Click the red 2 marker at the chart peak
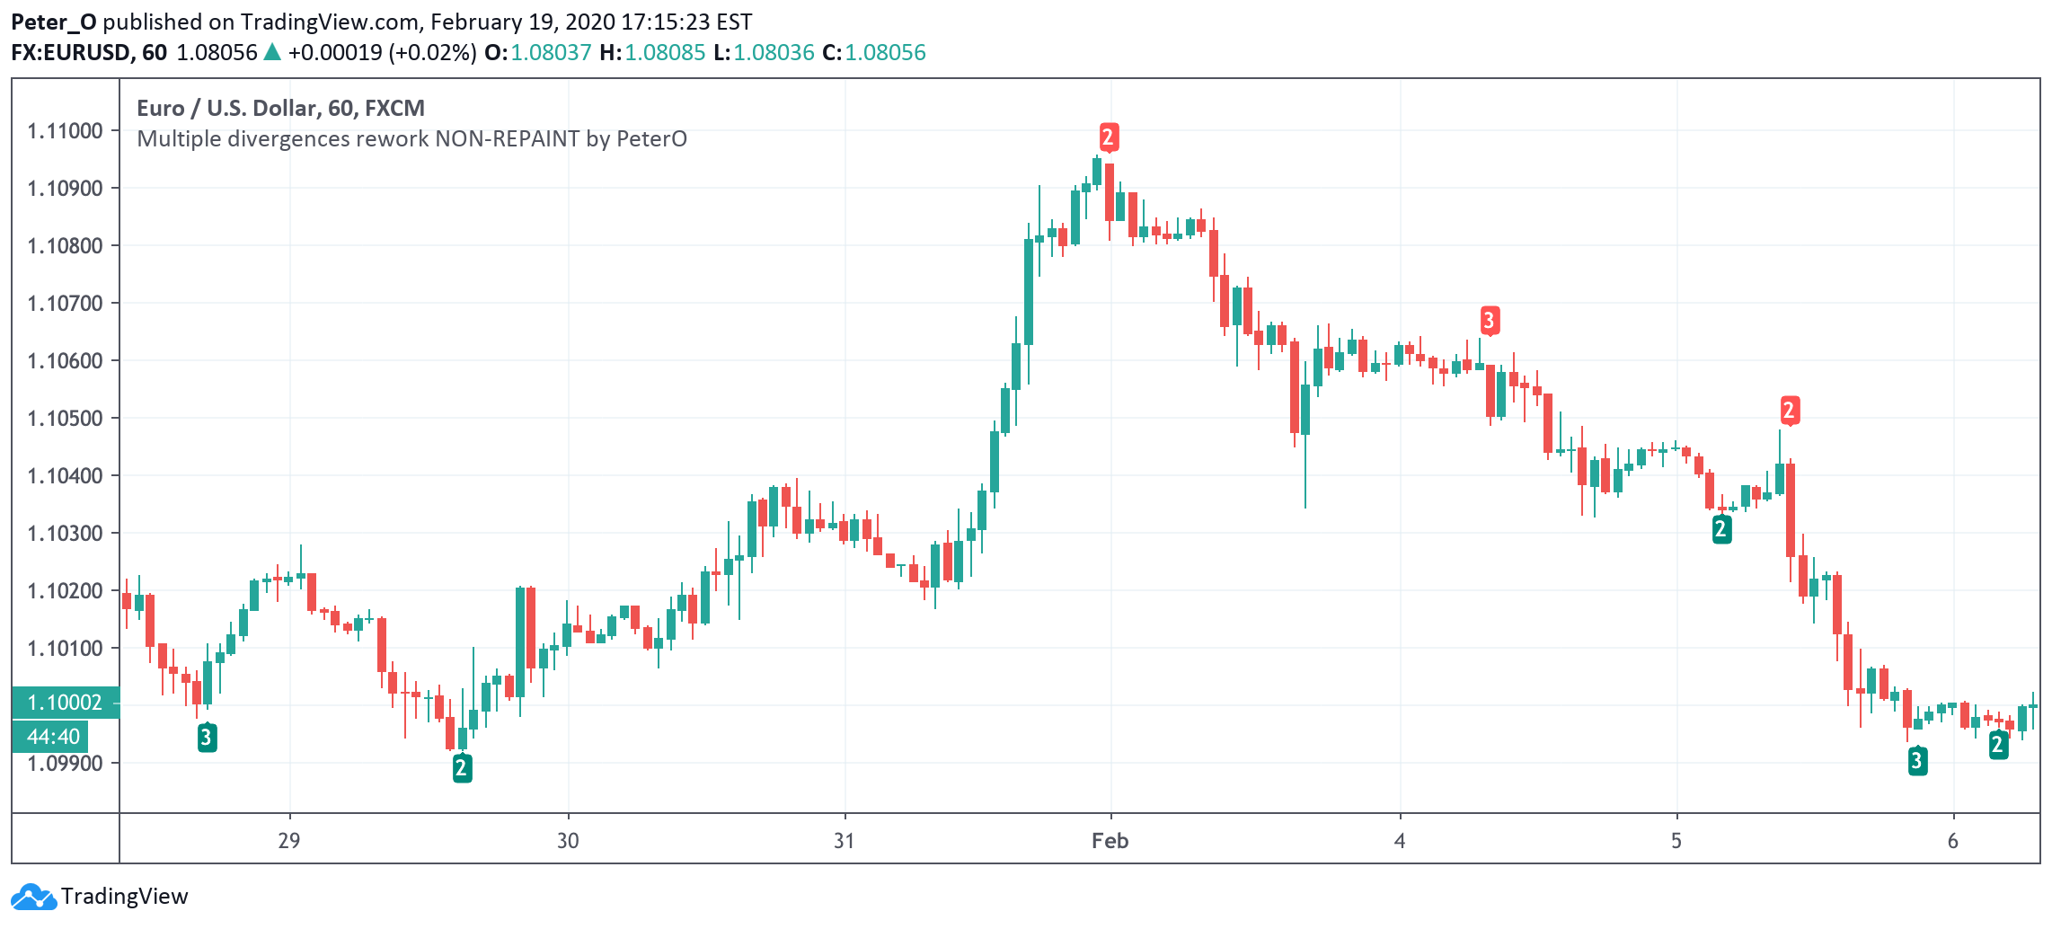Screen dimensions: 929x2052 pyautogui.click(x=1108, y=137)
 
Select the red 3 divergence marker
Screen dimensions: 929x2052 pyautogui.click(x=1489, y=320)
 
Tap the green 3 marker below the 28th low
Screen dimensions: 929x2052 pyautogui.click(x=207, y=738)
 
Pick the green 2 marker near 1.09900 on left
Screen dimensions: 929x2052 pyautogui.click(x=462, y=768)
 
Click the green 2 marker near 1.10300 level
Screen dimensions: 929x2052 pyautogui.click(x=1721, y=529)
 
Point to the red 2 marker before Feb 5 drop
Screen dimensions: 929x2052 pyautogui.click(x=1789, y=411)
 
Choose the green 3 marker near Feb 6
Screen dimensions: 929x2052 pyautogui.click(x=1917, y=761)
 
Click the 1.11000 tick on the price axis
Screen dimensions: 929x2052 pyautogui.click(x=65, y=131)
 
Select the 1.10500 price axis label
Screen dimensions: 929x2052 pyautogui.click(x=65, y=419)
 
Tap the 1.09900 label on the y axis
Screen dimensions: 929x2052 pyautogui.click(x=65, y=764)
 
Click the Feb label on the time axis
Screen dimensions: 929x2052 pyautogui.click(x=1110, y=841)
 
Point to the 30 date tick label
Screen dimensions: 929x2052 pyautogui.click(x=568, y=841)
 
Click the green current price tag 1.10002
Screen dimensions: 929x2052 pyautogui.click(x=65, y=703)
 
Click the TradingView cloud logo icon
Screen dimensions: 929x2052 pyautogui.click(x=33, y=897)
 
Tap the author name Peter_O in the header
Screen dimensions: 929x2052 pyautogui.click(x=53, y=22)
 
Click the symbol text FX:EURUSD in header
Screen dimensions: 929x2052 pyautogui.click(x=70, y=52)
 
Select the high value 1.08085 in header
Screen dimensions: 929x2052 pyautogui.click(x=665, y=52)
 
